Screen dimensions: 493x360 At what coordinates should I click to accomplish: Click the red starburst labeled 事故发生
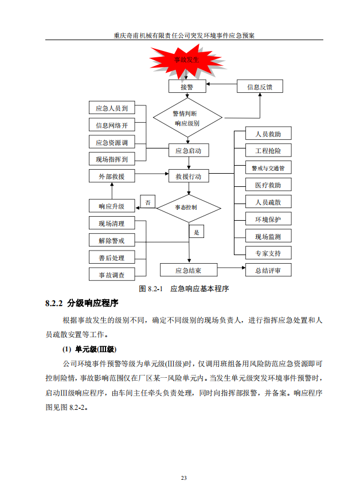point(187,60)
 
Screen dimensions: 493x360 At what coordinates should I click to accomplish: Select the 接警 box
point(187,87)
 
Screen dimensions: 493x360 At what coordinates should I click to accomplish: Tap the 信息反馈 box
point(260,87)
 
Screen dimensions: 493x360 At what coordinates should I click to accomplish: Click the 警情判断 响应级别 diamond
point(187,119)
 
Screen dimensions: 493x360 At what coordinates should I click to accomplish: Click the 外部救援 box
point(111,176)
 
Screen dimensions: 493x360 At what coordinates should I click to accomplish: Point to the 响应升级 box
point(111,206)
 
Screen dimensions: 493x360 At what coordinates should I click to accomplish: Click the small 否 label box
point(147,202)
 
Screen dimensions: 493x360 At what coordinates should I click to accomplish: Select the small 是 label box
point(197,232)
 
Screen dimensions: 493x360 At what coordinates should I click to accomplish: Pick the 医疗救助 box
point(268,185)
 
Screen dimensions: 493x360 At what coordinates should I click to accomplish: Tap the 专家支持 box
point(268,253)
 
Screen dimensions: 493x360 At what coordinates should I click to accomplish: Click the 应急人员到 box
point(111,108)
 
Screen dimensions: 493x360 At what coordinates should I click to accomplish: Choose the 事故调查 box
point(111,275)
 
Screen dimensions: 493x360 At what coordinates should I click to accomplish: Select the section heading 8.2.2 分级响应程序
point(81,303)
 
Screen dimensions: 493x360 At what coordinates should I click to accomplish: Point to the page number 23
point(183,478)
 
